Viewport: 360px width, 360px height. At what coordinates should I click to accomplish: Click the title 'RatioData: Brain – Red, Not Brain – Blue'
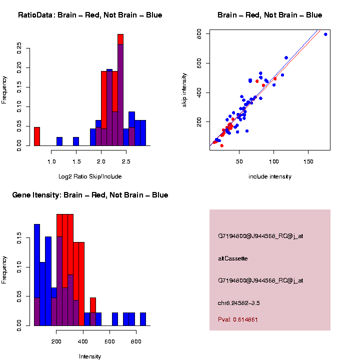click(x=90, y=15)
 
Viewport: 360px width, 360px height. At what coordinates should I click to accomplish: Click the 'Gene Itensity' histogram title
click(x=90, y=195)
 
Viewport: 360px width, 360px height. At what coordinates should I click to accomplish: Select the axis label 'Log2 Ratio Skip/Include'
click(x=90, y=176)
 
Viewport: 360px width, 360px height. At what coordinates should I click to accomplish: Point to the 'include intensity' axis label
click(x=270, y=176)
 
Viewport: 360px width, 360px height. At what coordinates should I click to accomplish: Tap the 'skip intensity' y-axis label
click(x=184, y=89)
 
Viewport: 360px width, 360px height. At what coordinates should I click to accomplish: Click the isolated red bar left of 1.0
click(x=37, y=136)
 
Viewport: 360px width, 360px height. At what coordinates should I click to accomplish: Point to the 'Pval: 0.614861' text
click(x=238, y=319)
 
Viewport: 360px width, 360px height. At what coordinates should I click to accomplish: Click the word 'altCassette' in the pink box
click(x=233, y=258)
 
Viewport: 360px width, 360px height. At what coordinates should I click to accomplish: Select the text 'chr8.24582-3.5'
click(x=239, y=303)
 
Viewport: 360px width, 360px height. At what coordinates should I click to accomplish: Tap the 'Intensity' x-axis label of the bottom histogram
click(x=90, y=356)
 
